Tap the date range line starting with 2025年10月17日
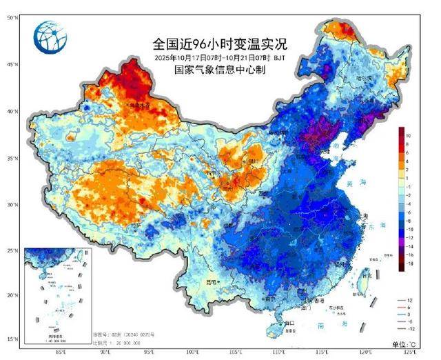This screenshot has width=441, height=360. tap(220, 58)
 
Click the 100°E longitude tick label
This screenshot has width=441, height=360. tap(194, 354)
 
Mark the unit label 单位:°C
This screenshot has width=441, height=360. tap(405, 343)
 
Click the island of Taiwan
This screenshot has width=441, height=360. tap(365, 279)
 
